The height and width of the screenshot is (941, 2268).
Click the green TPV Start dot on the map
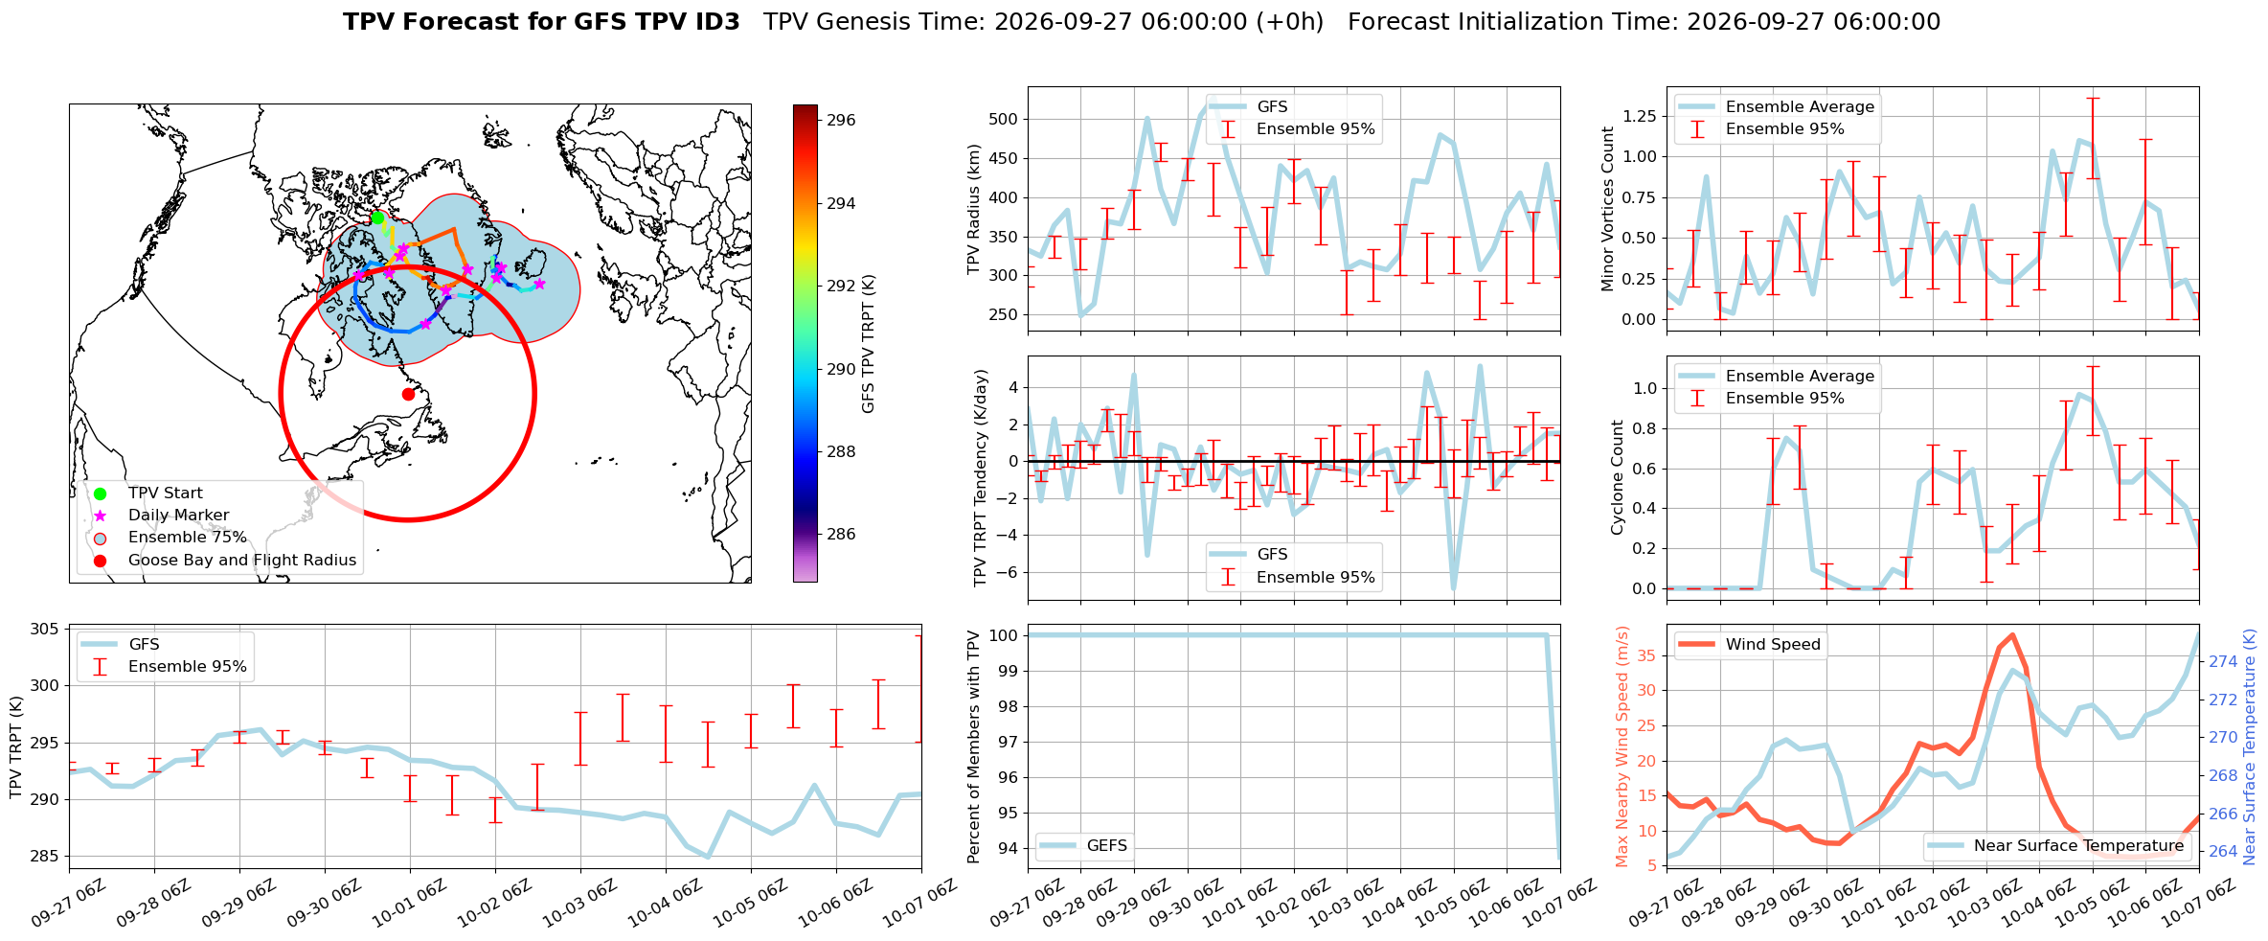[x=377, y=218]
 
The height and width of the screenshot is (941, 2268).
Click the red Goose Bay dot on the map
[x=408, y=394]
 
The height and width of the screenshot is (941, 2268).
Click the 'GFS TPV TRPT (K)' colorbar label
[x=869, y=344]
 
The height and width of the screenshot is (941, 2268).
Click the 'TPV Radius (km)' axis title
[x=974, y=209]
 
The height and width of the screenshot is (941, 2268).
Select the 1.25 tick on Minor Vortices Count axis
[x=1639, y=117]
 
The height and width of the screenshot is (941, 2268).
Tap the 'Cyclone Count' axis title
[x=1618, y=477]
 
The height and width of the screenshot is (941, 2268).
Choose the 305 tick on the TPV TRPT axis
[x=44, y=630]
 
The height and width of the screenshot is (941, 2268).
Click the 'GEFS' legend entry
[x=1106, y=846]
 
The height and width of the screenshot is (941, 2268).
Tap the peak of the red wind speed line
[x=2012, y=634]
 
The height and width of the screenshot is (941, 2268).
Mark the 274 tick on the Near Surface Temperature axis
[x=2223, y=662]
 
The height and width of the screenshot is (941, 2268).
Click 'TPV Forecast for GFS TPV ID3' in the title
[x=541, y=22]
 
